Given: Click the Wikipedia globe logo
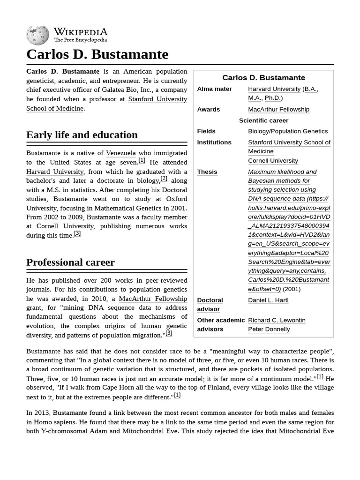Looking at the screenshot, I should (37, 35).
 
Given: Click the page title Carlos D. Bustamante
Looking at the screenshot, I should (97, 54).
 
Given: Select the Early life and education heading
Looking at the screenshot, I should (82, 135).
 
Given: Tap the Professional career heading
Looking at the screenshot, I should (70, 262).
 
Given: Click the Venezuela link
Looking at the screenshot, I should (121, 153).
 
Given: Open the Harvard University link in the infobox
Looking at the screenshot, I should (274, 89).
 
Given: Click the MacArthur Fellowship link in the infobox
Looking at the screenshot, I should (278, 109).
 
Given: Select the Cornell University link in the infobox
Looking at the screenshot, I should (273, 161).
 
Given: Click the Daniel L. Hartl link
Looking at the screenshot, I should (268, 300).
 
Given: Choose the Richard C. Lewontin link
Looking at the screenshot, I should (277, 320).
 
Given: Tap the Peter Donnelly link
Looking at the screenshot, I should (269, 329).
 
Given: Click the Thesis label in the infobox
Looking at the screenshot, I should (207, 172).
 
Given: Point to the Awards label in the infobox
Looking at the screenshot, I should (209, 109).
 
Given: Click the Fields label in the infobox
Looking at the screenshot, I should (206, 131).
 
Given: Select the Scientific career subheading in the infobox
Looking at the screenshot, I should (263, 120).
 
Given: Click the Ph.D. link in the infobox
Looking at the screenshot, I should (273, 98).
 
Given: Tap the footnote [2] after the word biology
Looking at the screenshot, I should (164, 179).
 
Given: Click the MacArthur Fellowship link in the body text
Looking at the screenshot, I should (153, 299).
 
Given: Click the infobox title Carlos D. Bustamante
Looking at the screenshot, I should (263, 78).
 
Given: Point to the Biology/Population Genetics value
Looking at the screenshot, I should (288, 131).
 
